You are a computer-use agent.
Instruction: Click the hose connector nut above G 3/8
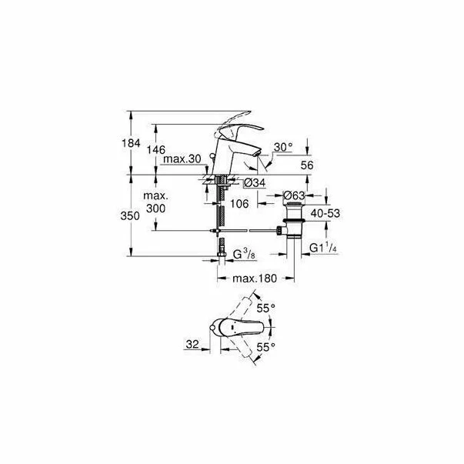[x=222, y=245]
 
